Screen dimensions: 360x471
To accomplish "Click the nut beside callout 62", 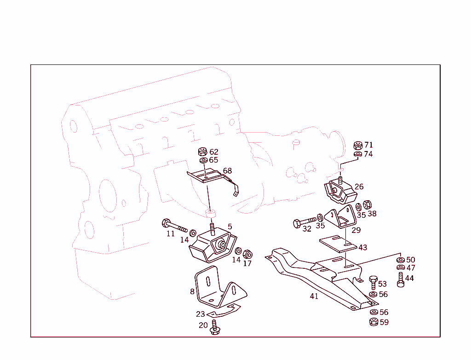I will (202, 151).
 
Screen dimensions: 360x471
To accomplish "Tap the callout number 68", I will (227, 171).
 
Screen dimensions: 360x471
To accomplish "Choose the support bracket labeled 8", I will (216, 289).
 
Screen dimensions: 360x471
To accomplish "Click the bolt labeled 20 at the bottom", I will (214, 328).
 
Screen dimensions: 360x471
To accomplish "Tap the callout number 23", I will (200, 314).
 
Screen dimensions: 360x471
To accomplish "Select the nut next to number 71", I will (357, 145).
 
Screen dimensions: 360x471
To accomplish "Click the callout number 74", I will (368, 154).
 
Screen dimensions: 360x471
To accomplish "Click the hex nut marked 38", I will (368, 204).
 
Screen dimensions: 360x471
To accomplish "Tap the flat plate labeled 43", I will (338, 244).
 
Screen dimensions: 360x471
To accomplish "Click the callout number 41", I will (314, 296).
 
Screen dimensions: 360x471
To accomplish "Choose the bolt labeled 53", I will (373, 282).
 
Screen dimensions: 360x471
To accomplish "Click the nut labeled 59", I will (373, 322).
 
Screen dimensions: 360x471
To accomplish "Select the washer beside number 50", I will (400, 261).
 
